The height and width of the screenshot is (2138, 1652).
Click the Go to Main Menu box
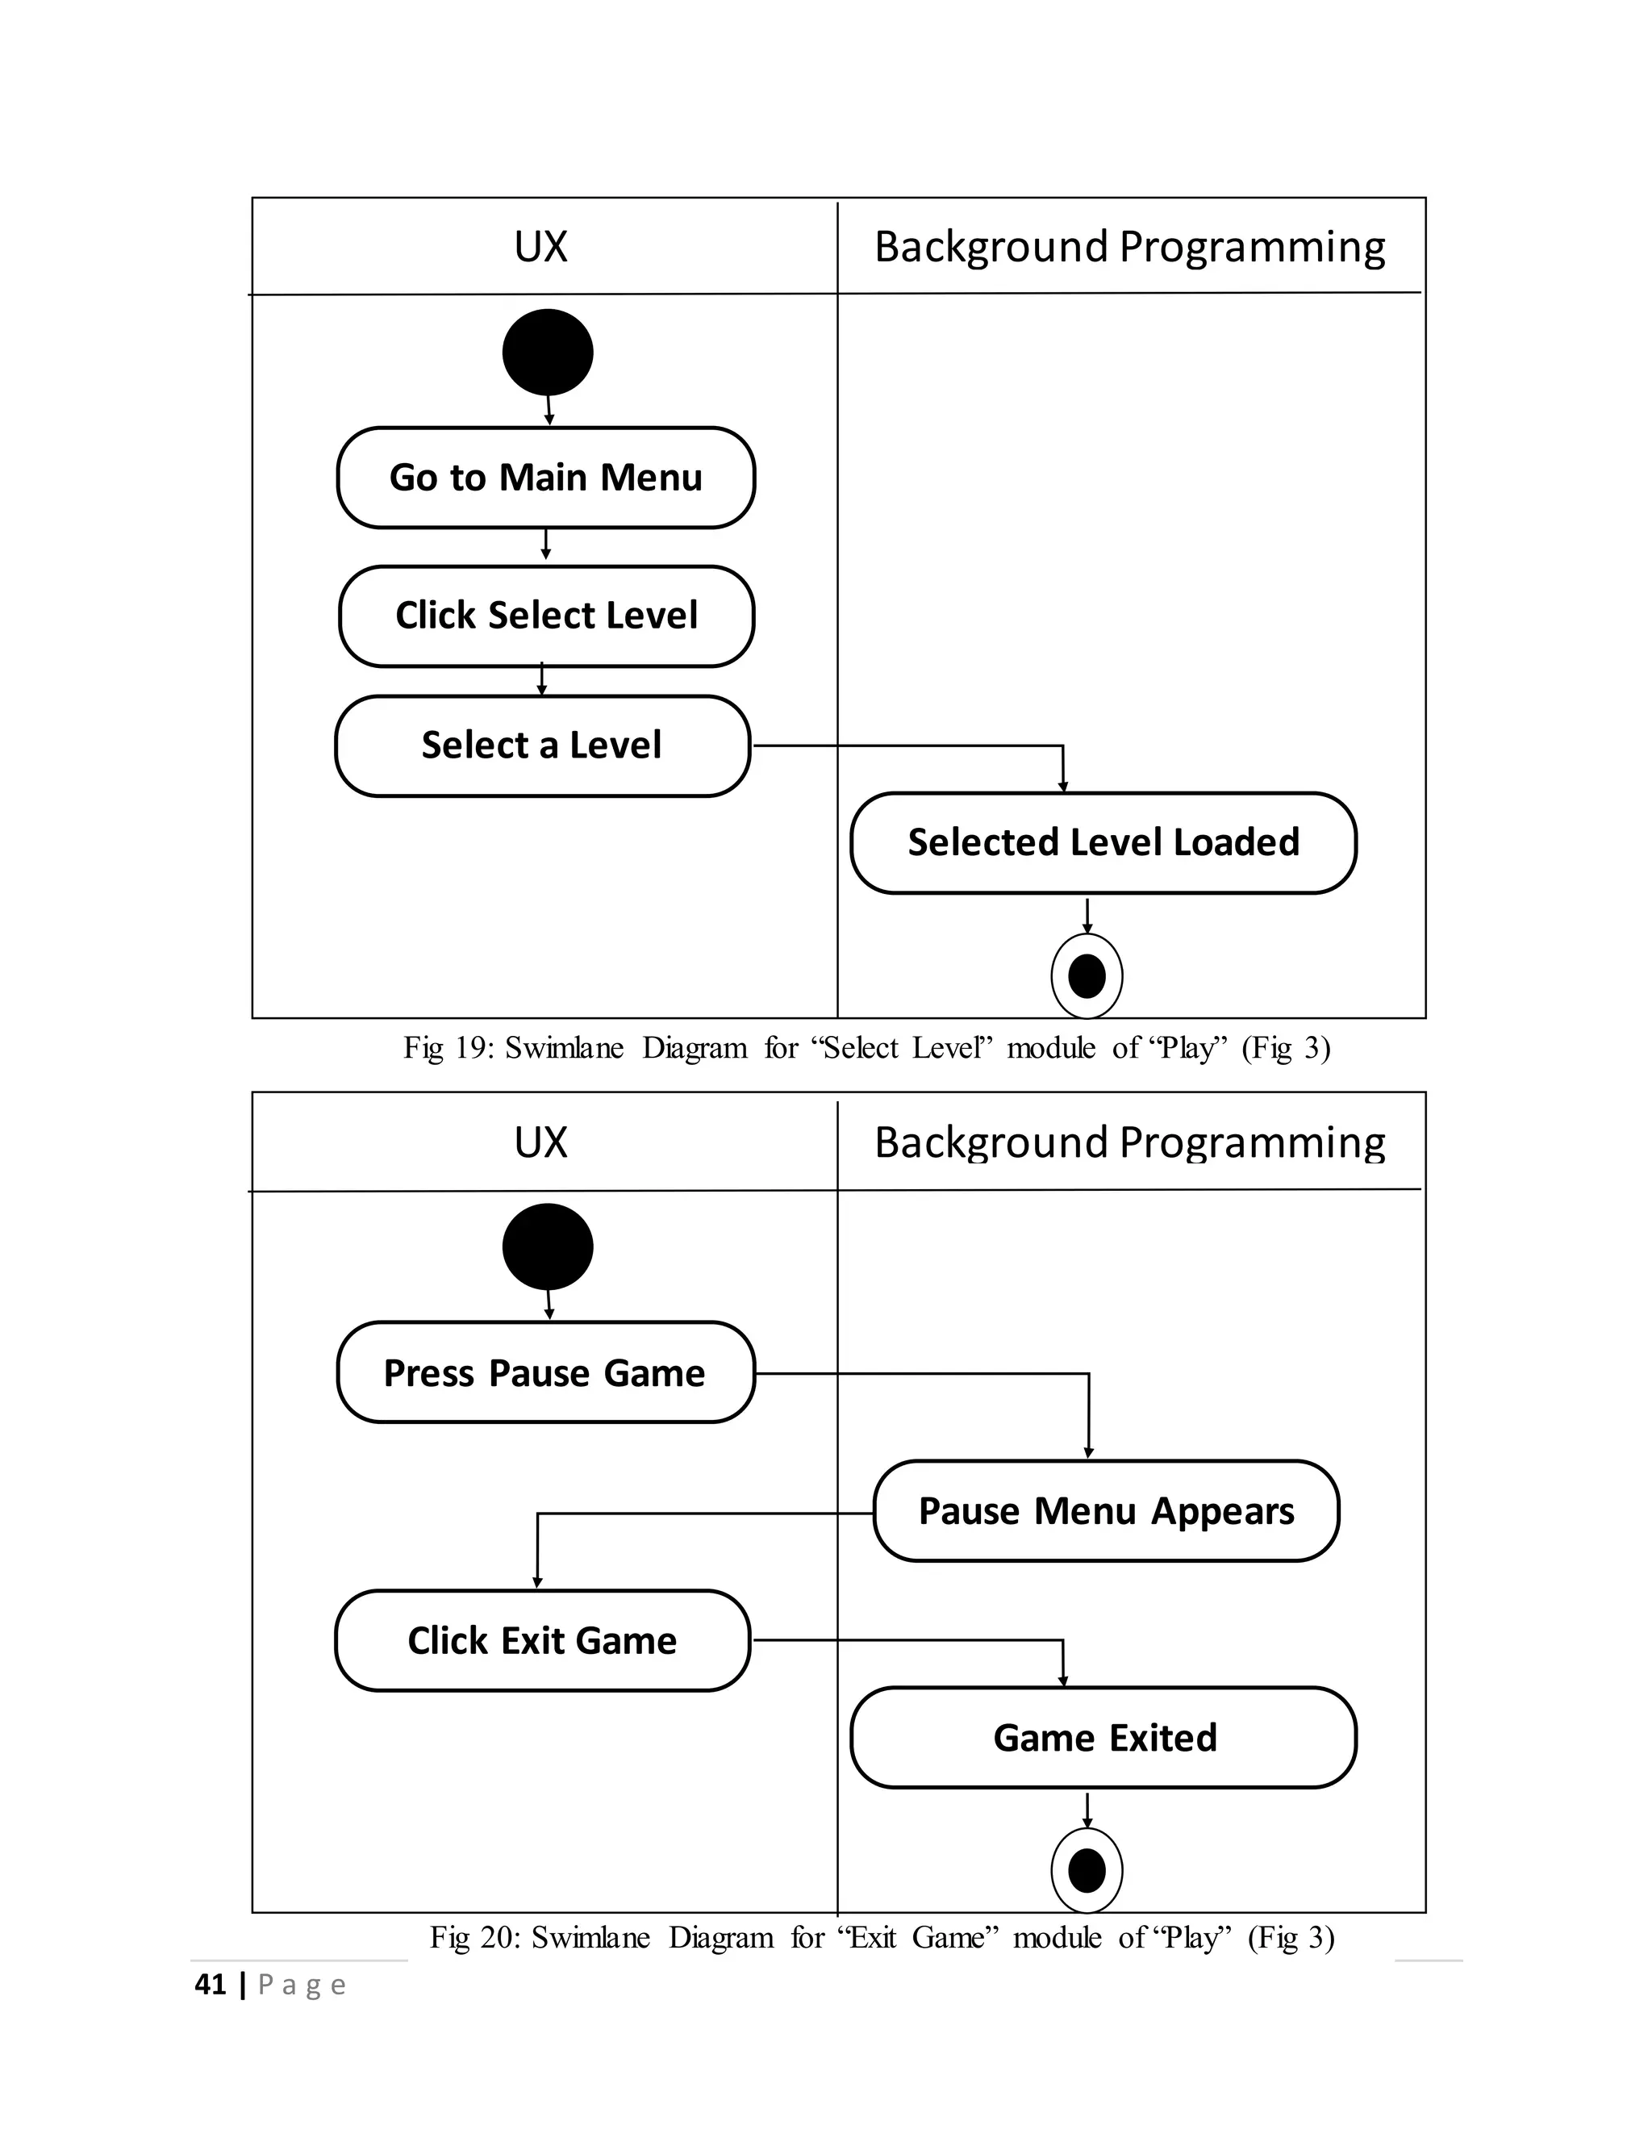coord(545,478)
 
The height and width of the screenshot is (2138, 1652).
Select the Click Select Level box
coord(545,616)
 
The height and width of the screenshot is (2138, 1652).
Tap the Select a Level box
coord(541,746)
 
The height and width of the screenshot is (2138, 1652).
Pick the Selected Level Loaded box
coord(1103,843)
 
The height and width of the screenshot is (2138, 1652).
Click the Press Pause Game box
coord(545,1372)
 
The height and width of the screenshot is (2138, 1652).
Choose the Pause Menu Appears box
coord(1106,1511)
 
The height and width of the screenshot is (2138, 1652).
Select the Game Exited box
coord(1103,1738)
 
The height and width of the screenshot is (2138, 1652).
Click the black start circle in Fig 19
coord(547,353)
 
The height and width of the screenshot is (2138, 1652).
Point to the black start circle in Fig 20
coord(547,1246)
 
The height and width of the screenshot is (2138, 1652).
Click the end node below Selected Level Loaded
coord(1087,976)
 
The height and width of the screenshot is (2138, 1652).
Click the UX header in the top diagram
coord(540,247)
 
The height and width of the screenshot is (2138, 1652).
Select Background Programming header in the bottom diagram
coord(1129,1142)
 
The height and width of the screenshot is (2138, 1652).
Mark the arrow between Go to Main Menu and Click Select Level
coord(545,545)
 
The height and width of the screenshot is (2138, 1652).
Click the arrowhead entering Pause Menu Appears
coord(1088,1453)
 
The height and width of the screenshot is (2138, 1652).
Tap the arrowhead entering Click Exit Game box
coord(536,1582)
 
